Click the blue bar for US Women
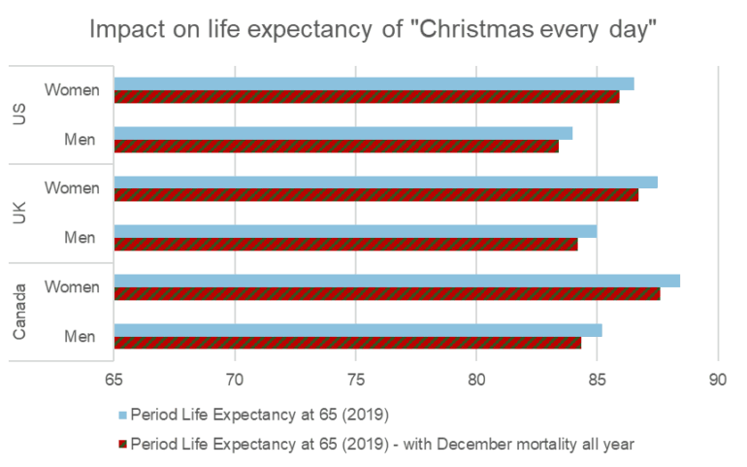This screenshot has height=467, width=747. [x=373, y=83]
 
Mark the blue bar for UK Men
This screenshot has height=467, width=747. [x=355, y=231]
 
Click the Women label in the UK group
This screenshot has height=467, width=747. [x=73, y=188]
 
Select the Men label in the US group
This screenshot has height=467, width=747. [x=80, y=140]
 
